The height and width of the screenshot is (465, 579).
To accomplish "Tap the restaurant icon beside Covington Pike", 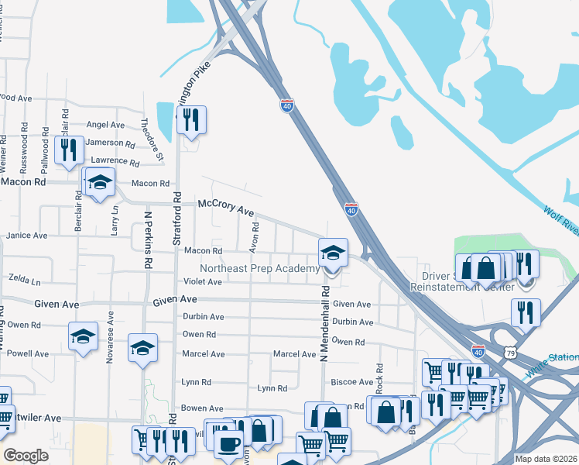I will [x=190, y=120].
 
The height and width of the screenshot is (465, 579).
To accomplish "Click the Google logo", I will [x=26, y=456].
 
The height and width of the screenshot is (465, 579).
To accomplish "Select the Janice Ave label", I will [x=27, y=235].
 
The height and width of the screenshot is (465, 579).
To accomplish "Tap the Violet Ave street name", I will [x=203, y=282].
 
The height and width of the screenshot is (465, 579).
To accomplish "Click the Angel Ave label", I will [x=105, y=125].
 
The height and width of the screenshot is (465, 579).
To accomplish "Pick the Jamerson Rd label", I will [x=110, y=143].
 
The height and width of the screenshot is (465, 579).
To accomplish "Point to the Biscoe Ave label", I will [x=351, y=382].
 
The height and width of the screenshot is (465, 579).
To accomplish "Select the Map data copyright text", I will [x=546, y=459].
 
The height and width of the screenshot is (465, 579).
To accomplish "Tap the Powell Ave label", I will [x=29, y=353].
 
